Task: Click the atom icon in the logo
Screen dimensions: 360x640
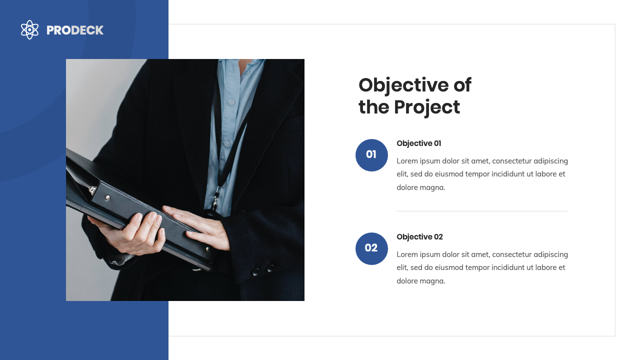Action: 29,30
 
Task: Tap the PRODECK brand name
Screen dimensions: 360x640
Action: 75,30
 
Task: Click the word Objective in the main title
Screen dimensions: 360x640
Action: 403,85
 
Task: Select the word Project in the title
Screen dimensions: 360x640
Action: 426,107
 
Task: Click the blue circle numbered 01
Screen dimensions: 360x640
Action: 371,155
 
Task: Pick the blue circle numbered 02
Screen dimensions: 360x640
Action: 371,248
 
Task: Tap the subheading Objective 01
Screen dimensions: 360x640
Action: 418,143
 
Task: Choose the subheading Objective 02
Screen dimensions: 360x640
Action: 419,237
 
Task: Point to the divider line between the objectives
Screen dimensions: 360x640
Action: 481,211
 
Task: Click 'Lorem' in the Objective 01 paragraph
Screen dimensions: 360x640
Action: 406,161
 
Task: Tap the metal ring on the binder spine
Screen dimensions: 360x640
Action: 92,190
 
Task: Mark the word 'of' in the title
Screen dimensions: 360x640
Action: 462,85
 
